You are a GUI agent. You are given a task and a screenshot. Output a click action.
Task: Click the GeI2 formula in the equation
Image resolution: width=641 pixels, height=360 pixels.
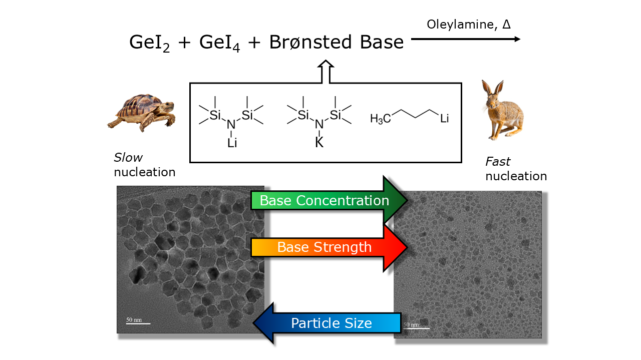tap(149, 43)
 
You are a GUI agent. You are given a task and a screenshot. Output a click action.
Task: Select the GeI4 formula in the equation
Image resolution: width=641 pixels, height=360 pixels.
tap(219, 43)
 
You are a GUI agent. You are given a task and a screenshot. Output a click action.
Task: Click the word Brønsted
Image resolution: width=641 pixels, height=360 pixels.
tap(310, 42)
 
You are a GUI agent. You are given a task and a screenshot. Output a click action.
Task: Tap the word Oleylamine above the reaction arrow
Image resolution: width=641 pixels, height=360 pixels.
tap(460, 25)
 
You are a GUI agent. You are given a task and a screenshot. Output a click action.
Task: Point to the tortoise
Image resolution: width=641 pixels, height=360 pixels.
tap(142, 112)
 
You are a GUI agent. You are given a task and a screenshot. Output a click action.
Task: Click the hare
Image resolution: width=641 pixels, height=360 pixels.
tap(502, 110)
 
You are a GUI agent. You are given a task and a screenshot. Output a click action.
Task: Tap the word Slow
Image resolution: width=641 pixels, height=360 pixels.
tap(128, 157)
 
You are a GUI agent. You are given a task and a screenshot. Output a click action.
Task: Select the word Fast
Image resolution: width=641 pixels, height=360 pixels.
tap(498, 161)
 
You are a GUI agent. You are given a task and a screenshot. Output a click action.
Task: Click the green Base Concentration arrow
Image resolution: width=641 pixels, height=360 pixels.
tap(329, 200)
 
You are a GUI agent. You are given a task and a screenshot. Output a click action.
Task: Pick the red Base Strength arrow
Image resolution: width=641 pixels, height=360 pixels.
tap(329, 247)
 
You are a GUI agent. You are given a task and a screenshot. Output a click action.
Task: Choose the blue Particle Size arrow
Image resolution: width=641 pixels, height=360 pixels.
tap(327, 323)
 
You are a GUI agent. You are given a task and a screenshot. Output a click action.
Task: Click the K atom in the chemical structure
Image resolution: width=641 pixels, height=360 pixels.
tap(319, 142)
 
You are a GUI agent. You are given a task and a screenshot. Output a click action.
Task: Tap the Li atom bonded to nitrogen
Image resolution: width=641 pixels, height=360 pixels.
tap(232, 143)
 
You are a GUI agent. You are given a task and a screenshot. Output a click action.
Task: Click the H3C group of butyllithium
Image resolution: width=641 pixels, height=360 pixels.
tap(380, 119)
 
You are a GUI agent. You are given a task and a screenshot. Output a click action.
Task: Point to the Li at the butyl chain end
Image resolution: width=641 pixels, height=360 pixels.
tap(444, 118)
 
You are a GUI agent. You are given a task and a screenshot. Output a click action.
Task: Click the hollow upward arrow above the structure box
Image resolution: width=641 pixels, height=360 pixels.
tap(326, 72)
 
